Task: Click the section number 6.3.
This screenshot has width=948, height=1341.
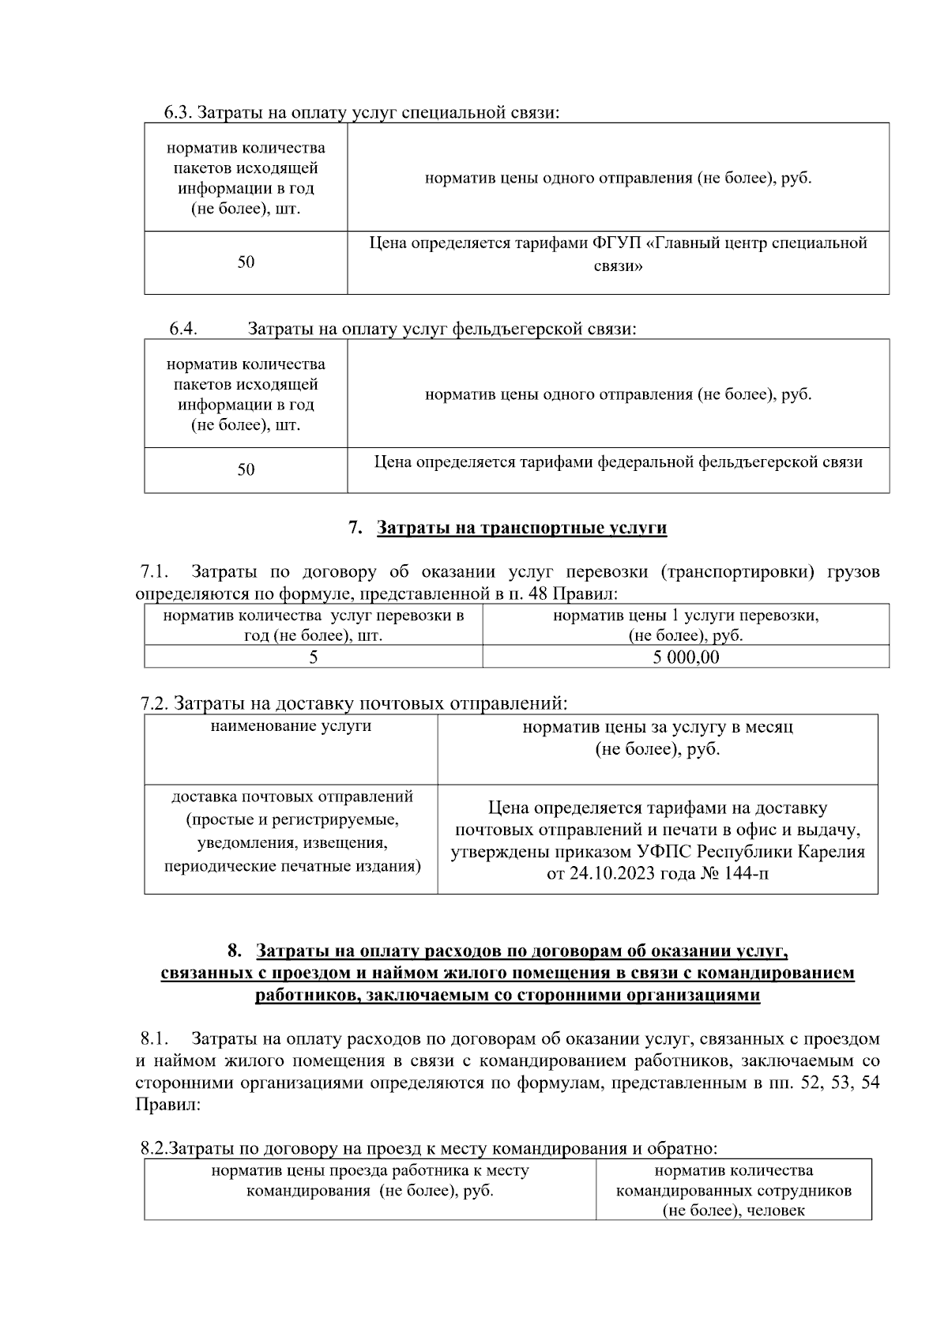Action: coord(178,113)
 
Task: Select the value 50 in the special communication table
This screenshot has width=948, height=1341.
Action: coord(246,262)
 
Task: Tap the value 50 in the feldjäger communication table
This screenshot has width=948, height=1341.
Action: coord(246,470)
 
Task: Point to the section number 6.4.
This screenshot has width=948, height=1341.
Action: coord(182,329)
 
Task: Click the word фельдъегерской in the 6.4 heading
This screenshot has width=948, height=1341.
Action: coord(517,329)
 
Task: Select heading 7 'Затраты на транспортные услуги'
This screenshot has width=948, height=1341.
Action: coord(521,528)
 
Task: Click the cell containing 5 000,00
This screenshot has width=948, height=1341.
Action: coord(686,657)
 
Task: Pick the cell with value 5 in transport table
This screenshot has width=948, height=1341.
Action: coord(314,657)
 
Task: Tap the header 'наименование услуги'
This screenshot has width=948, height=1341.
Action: coord(291,726)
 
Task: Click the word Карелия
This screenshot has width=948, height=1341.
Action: coord(831,852)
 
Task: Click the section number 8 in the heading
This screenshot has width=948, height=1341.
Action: coord(233,951)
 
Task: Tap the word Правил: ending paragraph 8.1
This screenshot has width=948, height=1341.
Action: coord(167,1105)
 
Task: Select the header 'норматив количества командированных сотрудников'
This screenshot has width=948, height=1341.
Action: coord(734,1190)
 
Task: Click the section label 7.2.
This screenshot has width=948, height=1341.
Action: coord(154,703)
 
